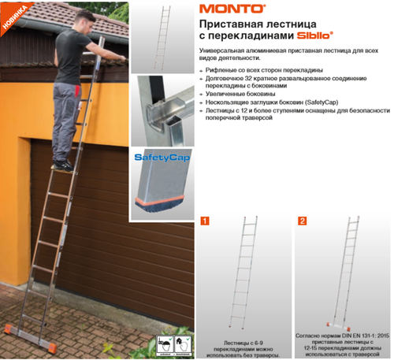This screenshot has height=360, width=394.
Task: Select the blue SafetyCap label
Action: pos(159,158)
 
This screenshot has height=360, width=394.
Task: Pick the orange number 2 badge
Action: pos(303,222)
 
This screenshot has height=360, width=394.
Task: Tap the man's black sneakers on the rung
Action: pos(62,165)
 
